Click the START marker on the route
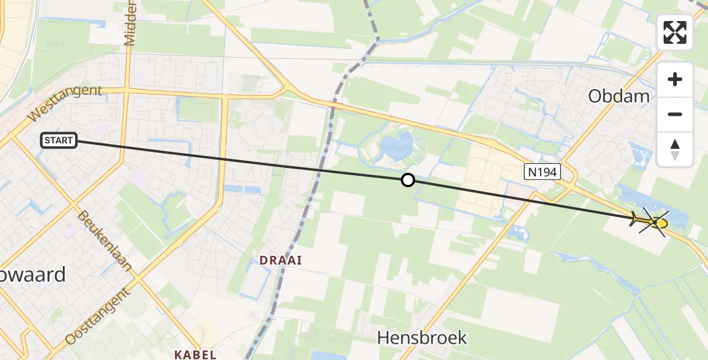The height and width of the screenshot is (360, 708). [x=59, y=141]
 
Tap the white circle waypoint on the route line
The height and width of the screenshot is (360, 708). [x=408, y=180]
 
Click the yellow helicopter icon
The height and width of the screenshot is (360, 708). [x=651, y=222]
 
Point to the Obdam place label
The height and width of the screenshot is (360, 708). [x=619, y=96]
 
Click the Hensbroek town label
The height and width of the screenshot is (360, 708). [x=422, y=338]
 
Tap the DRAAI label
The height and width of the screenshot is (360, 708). [x=280, y=260]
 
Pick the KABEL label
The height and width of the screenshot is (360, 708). [x=196, y=355]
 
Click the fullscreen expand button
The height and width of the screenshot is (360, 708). [x=675, y=32]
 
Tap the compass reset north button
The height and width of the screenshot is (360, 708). [x=675, y=149]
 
